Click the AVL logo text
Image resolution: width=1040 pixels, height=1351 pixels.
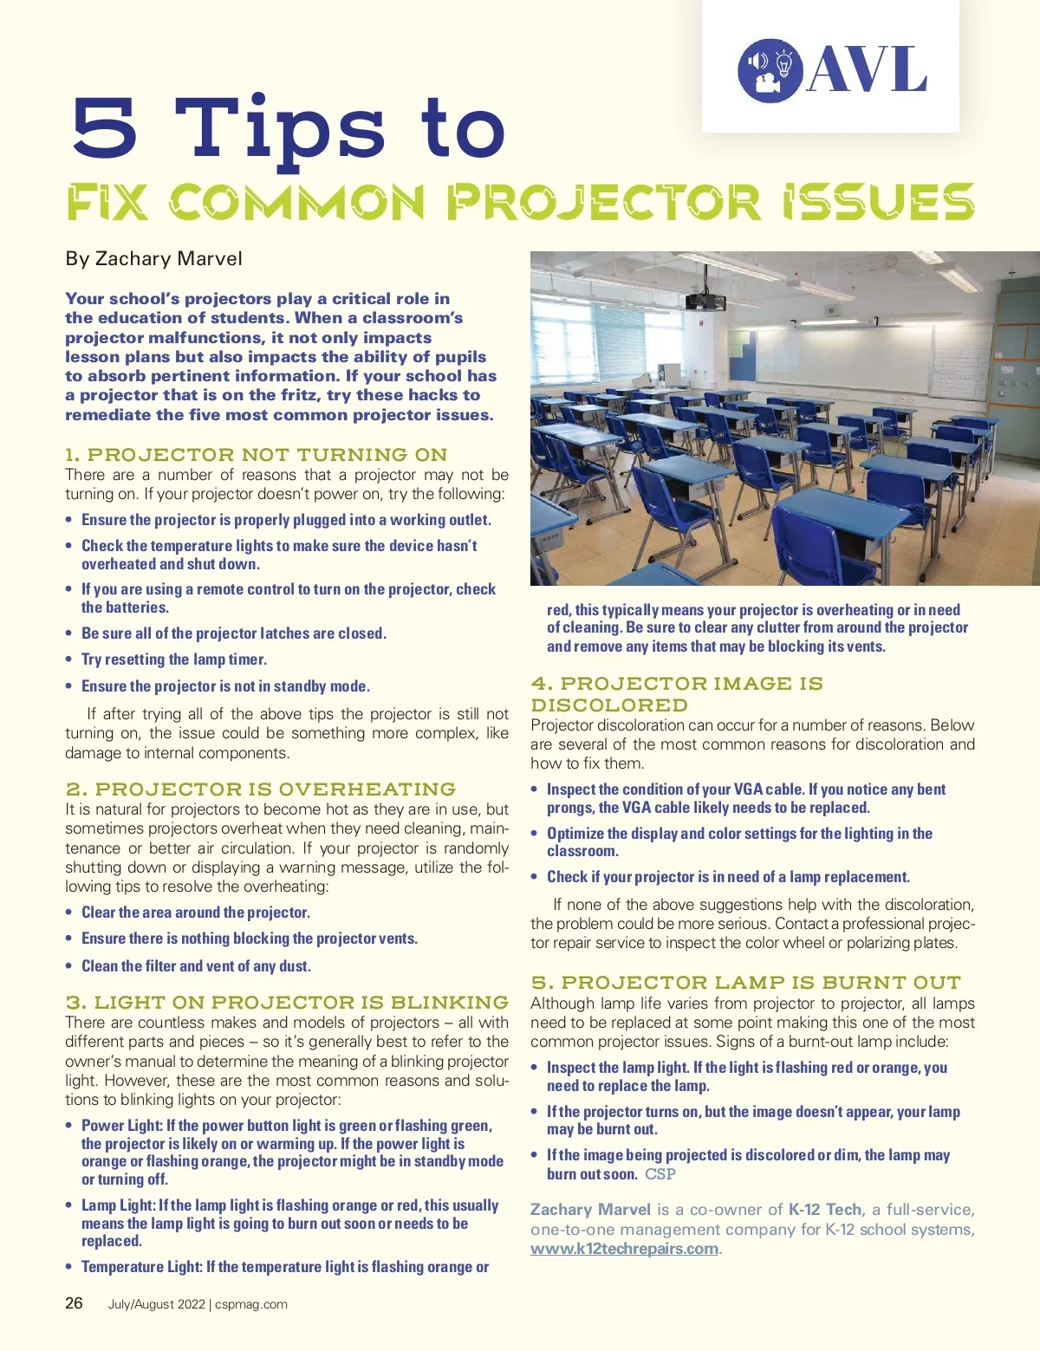[x=867, y=70]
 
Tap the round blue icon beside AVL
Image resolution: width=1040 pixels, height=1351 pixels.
[x=770, y=70]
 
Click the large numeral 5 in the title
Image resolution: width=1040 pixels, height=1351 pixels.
[x=105, y=127]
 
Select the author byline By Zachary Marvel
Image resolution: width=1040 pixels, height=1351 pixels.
[x=153, y=258]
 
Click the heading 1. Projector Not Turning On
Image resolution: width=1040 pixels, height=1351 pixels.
[x=257, y=454]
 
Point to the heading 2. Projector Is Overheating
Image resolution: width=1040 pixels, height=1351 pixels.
[x=261, y=789]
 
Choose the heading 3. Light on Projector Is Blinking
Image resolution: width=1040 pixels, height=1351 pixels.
[x=287, y=1002]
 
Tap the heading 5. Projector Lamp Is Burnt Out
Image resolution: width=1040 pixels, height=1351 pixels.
[x=746, y=982]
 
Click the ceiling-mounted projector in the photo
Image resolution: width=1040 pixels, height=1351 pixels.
[x=705, y=301]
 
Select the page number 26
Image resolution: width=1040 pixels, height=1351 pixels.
[x=75, y=1302]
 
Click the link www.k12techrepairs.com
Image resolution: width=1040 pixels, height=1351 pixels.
[x=624, y=1249]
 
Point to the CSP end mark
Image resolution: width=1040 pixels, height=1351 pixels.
[x=660, y=1174]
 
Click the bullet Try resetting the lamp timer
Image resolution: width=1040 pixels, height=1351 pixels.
[x=173, y=659]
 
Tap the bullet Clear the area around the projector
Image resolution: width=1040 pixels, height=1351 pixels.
[x=195, y=913]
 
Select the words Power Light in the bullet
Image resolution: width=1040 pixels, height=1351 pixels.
[x=121, y=1126]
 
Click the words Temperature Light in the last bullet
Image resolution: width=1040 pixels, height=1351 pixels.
[x=141, y=1267]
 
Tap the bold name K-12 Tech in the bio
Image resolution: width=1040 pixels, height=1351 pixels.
[x=824, y=1210]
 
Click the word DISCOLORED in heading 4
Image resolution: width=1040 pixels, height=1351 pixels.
[x=609, y=705]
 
